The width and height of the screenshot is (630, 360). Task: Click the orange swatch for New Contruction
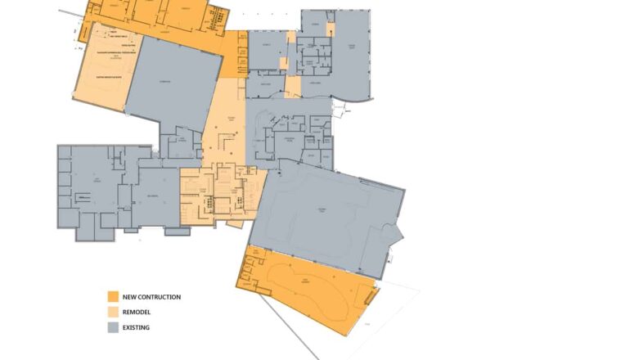(113, 296)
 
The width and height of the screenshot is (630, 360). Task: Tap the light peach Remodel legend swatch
(113, 312)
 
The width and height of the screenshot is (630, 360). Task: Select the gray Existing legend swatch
(113, 327)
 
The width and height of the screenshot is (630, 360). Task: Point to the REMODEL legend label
(137, 312)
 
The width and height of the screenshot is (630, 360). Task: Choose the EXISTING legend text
(137, 327)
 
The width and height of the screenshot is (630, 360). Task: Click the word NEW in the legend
(131, 297)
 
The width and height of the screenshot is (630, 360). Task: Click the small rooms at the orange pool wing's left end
(250, 274)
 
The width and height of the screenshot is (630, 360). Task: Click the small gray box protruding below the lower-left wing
(177, 232)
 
